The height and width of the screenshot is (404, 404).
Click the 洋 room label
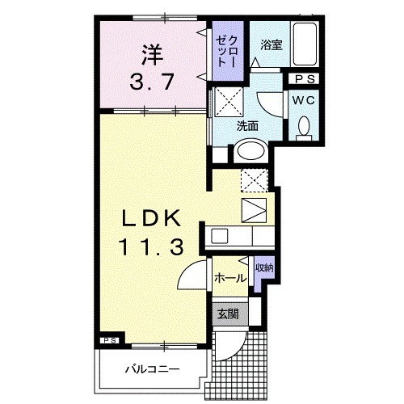point(149,56)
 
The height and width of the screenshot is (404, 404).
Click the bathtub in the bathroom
point(305,44)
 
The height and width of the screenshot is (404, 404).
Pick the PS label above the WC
point(305,79)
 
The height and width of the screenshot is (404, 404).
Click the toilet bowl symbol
point(305,127)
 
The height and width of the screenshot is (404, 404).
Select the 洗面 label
point(247,126)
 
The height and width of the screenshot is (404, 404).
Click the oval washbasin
point(251,151)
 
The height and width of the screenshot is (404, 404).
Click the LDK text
point(149,218)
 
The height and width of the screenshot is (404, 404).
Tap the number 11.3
point(149,246)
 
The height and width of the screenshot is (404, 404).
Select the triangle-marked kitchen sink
point(253,209)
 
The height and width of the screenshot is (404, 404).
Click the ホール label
point(230,277)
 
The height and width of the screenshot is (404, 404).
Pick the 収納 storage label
point(263,267)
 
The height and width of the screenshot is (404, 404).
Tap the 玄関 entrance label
point(227,314)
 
